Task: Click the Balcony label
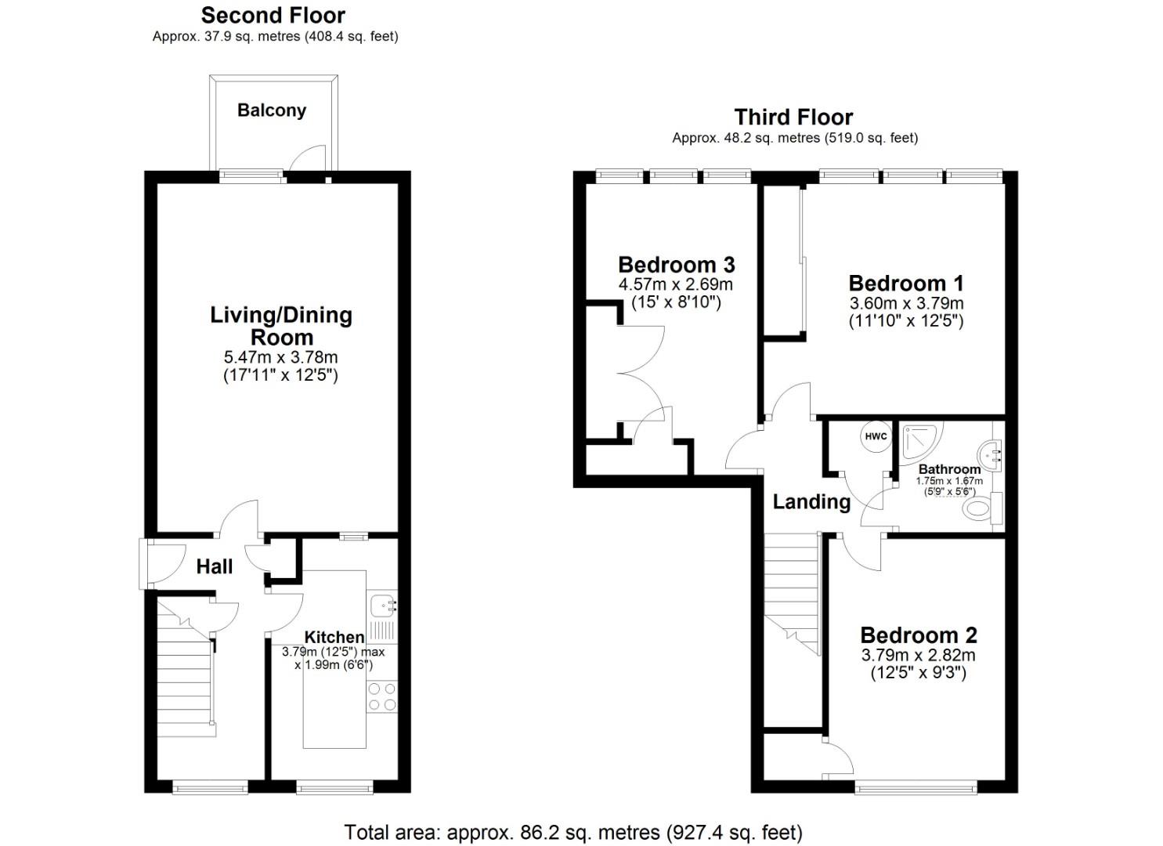point(272,110)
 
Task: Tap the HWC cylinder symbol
point(876,436)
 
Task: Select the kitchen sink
point(384,605)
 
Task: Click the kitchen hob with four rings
point(382,696)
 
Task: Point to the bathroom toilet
point(984,508)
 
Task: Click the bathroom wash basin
point(990,455)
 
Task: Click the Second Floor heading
point(273,16)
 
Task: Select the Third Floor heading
point(793,117)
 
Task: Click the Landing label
point(811,501)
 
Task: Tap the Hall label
point(215,566)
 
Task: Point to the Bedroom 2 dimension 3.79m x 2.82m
point(919,655)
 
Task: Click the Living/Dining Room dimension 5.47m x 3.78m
point(281,357)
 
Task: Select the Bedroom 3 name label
point(677,265)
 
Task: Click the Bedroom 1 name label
point(906,284)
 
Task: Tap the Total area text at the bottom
point(573,833)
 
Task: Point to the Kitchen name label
point(334,637)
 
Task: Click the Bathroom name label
point(950,469)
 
